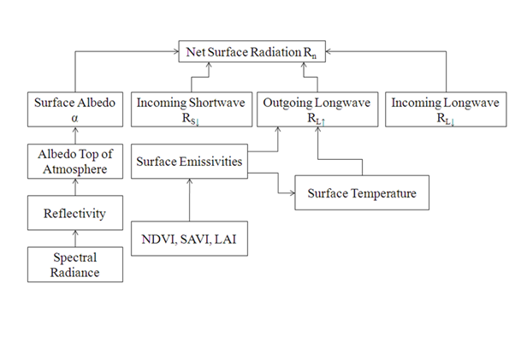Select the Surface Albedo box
[x=75, y=109]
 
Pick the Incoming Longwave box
[x=434, y=109]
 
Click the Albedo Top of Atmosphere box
[x=75, y=162]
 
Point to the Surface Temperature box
[x=362, y=193]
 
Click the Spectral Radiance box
[x=75, y=264]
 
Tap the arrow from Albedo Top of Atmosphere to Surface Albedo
[x=75, y=136]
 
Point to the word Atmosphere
[x=75, y=170]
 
